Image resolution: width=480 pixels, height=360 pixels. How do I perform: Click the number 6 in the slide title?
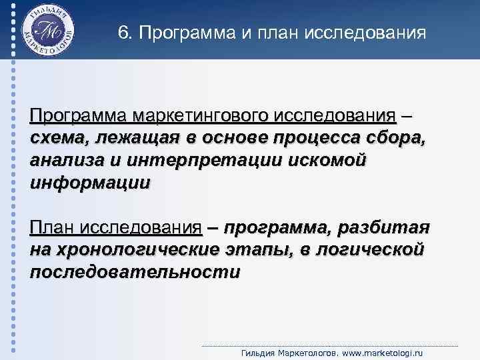(122, 32)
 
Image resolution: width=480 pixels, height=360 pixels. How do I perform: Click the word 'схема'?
(58, 139)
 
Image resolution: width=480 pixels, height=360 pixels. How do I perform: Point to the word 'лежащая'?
(131, 139)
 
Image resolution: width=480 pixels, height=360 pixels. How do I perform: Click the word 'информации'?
(90, 183)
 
